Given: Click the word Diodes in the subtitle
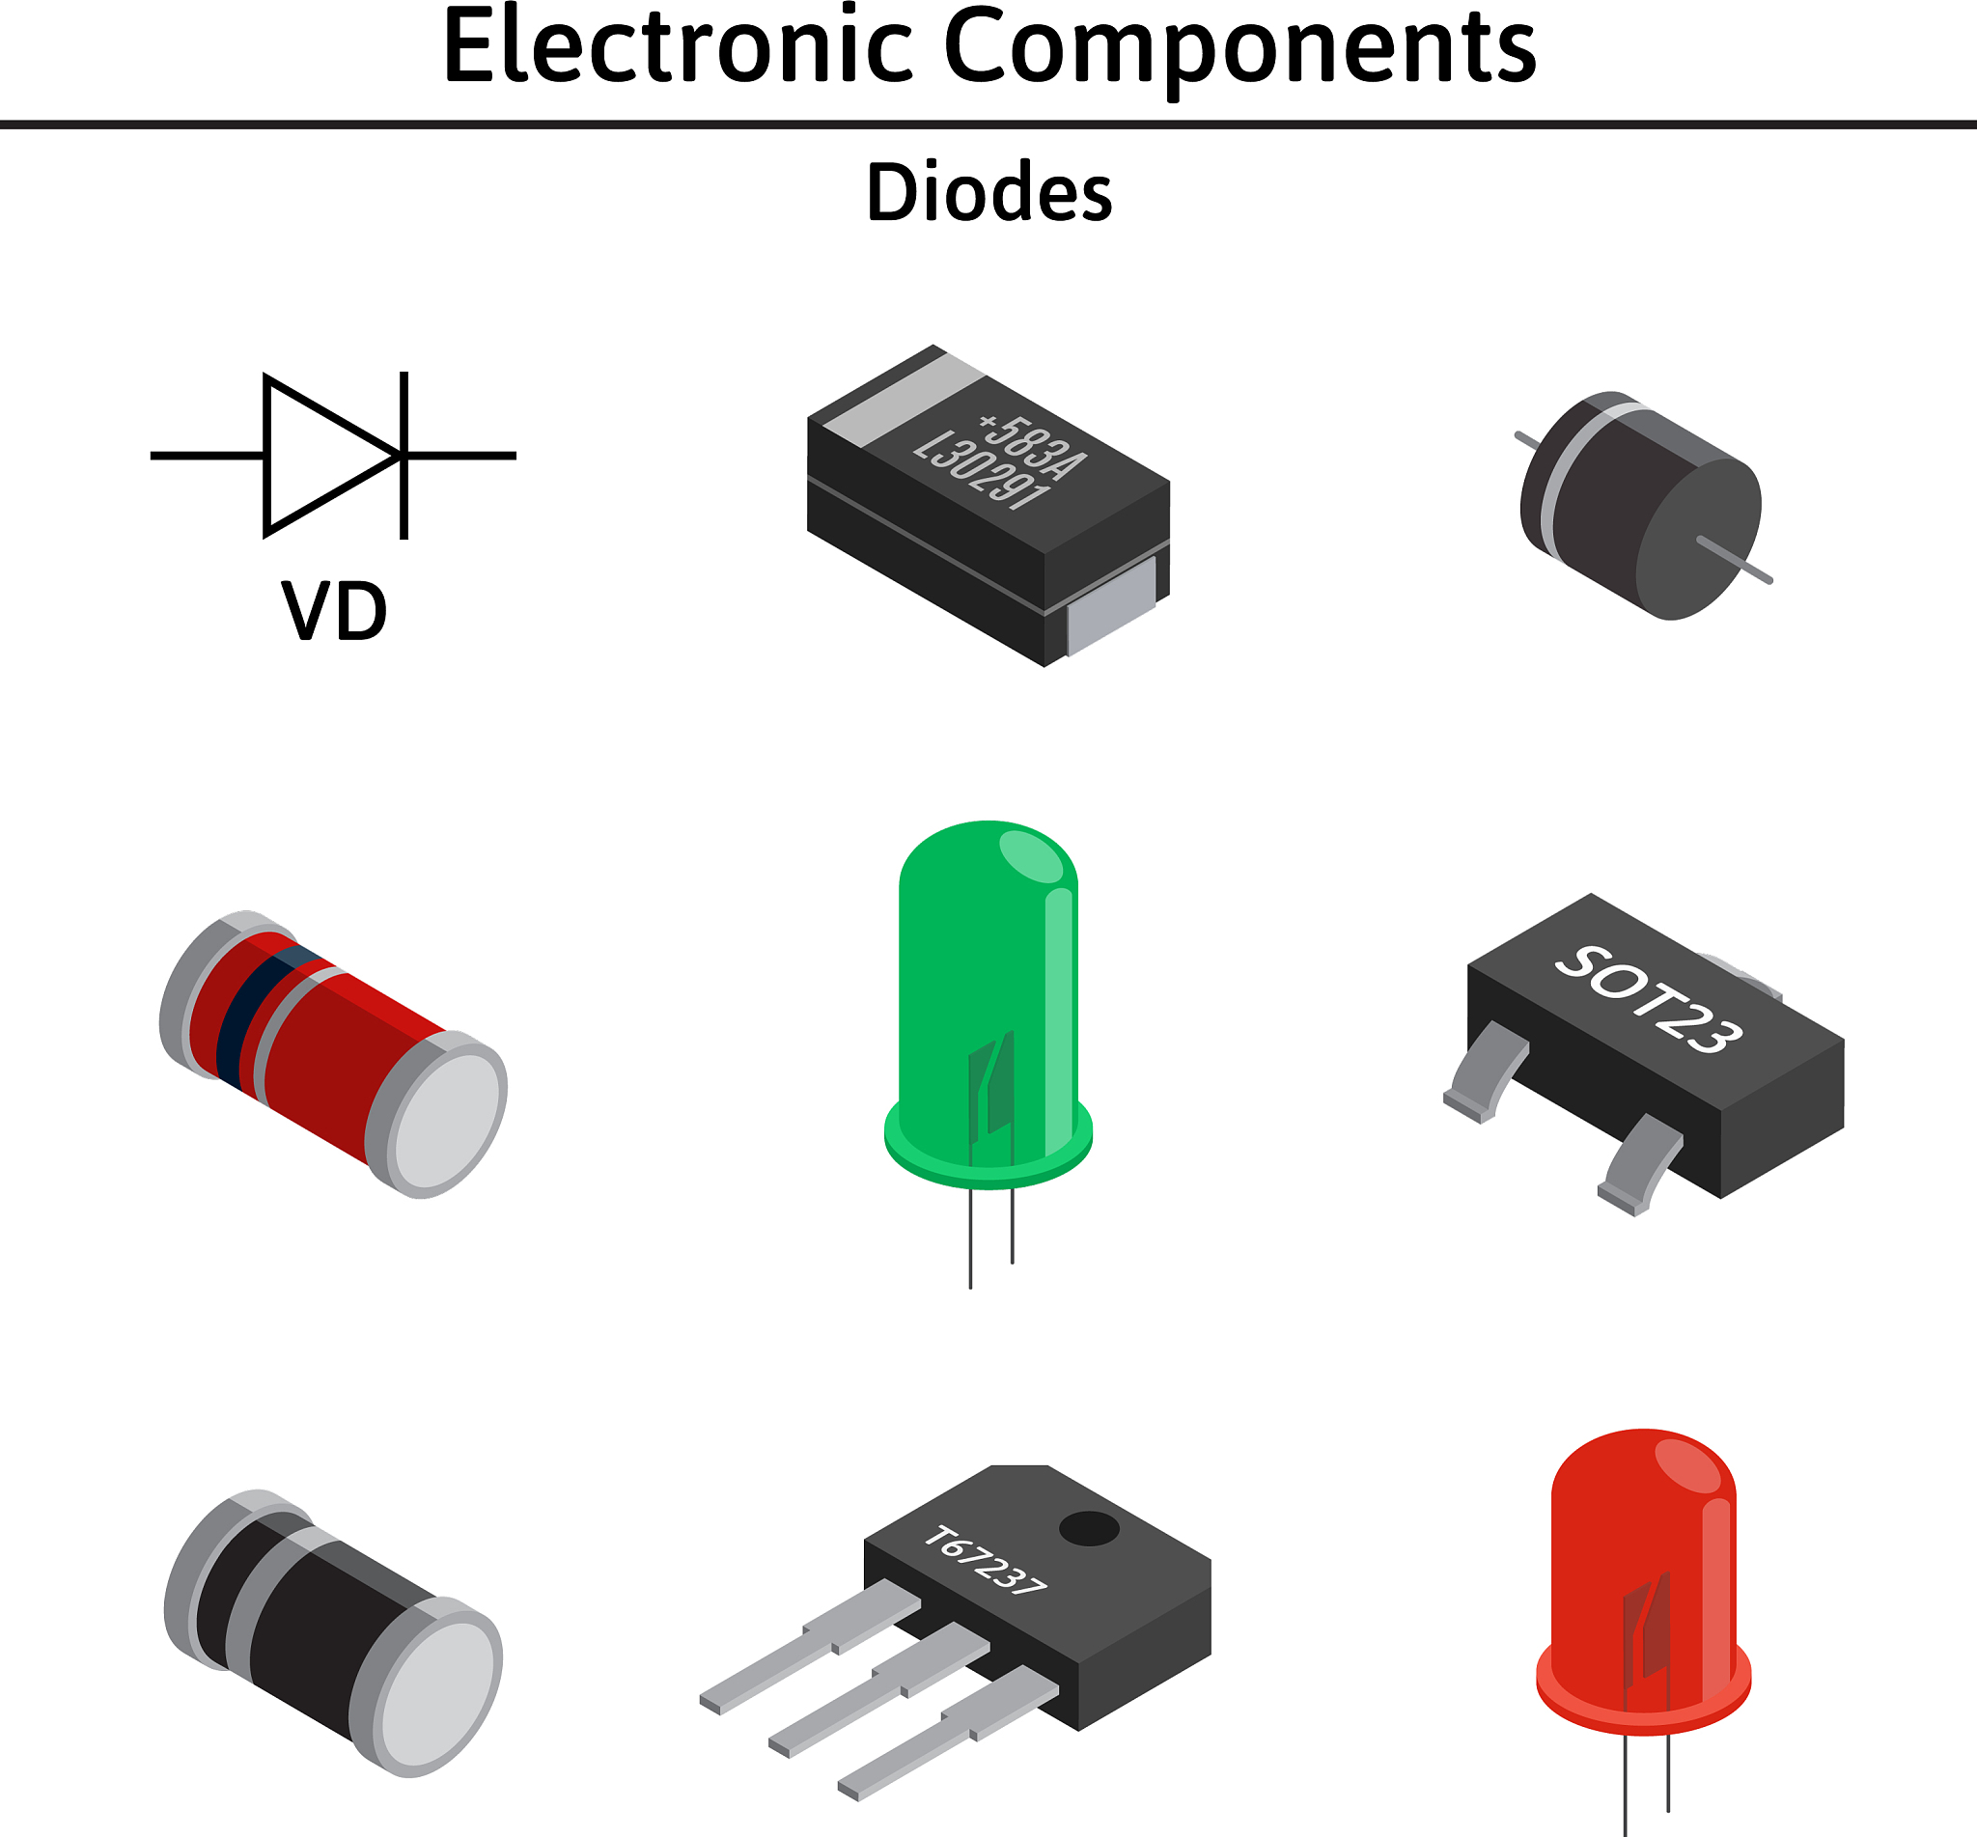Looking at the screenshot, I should [989, 192].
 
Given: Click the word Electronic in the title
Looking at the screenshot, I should [677, 46].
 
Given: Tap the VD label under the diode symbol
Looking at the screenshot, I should [334, 611].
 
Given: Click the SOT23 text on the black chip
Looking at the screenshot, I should [1648, 1000].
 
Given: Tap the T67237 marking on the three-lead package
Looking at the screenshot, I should [984, 1562].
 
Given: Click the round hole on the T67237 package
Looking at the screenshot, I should [1090, 1529].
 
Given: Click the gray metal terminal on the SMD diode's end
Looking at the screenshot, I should [1110, 606].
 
